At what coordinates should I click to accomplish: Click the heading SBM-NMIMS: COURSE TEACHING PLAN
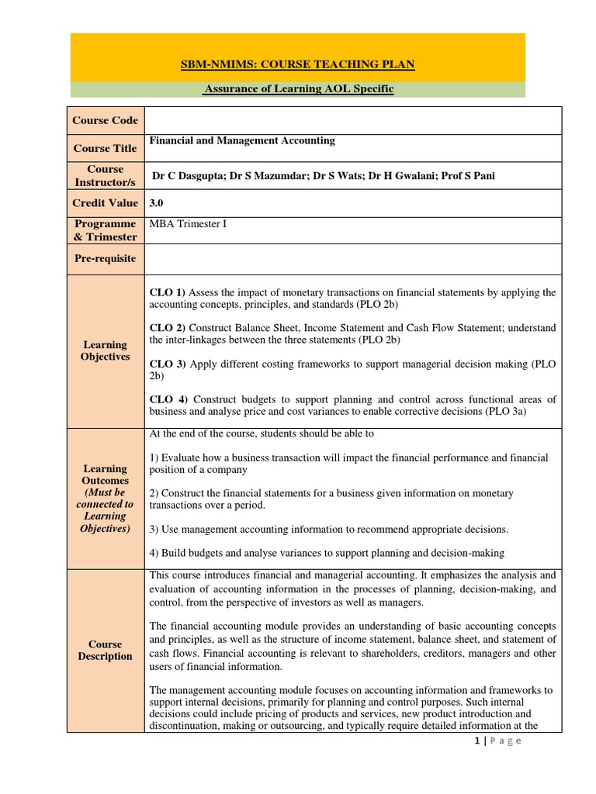298,64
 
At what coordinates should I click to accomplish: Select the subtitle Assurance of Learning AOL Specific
298,89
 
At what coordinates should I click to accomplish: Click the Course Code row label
106,120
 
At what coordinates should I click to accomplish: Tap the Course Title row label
106,148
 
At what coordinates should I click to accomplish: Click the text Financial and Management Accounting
242,140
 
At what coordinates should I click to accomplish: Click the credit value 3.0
156,203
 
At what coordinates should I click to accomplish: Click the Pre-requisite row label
106,258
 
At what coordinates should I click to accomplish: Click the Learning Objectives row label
106,350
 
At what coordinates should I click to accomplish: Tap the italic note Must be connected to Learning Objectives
106,510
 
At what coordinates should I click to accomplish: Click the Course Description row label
106,650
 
